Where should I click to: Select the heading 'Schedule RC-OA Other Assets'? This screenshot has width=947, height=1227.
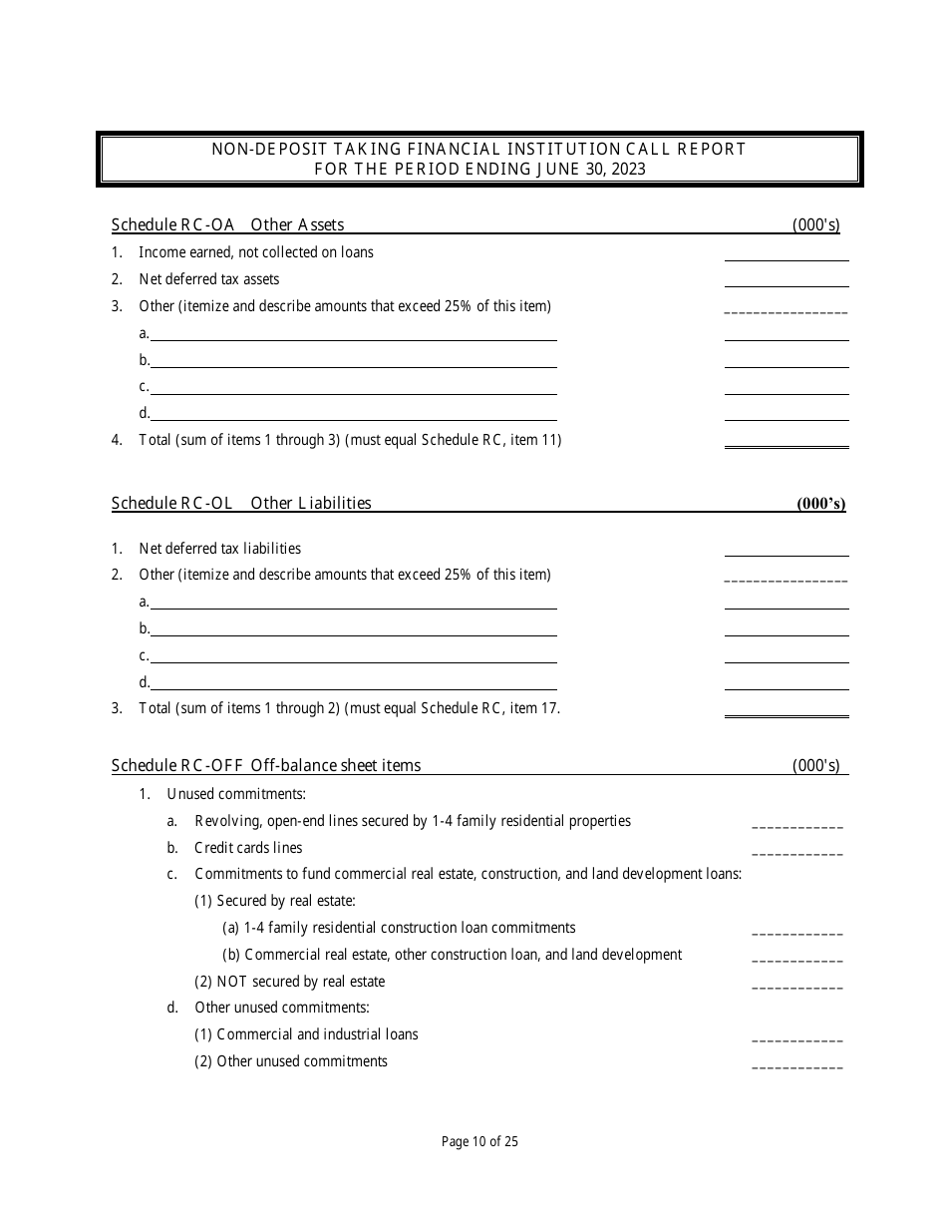click(x=227, y=224)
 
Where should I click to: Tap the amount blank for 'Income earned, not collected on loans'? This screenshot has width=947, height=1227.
click(x=786, y=253)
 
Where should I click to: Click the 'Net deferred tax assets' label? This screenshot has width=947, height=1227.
click(x=209, y=279)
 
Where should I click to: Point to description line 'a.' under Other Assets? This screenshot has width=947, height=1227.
click(x=353, y=334)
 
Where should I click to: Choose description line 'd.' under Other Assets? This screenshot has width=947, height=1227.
click(x=353, y=414)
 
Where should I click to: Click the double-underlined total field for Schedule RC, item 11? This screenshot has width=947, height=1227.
click(x=786, y=441)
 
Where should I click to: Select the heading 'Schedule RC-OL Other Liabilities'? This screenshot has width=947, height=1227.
click(x=241, y=503)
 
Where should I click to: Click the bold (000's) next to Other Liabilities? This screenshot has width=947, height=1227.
click(x=820, y=504)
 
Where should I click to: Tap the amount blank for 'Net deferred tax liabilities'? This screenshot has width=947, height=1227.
click(x=786, y=549)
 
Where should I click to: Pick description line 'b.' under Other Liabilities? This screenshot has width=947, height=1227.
click(x=353, y=629)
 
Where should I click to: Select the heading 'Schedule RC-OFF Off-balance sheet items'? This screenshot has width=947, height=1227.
click(x=266, y=765)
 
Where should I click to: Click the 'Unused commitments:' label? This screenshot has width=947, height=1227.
click(x=236, y=794)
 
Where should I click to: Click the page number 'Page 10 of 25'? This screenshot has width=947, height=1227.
click(x=479, y=1142)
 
